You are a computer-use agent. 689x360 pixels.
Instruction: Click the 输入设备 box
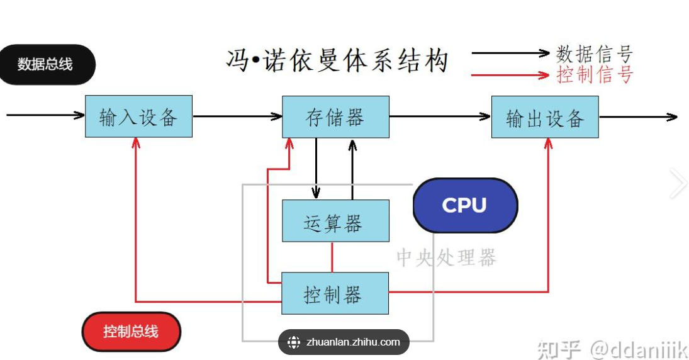click(x=138, y=116)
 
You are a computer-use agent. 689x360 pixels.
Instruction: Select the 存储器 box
click(x=335, y=116)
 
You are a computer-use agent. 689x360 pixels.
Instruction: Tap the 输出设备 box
click(x=545, y=117)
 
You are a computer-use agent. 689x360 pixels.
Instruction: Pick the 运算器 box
click(x=335, y=221)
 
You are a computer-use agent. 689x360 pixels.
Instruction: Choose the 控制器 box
click(x=335, y=293)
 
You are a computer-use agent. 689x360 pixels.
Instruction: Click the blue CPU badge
click(x=465, y=205)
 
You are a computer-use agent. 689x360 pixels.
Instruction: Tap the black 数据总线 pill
click(x=46, y=64)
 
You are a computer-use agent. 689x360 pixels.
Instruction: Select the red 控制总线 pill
click(x=131, y=332)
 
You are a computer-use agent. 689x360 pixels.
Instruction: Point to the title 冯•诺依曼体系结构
click(x=337, y=61)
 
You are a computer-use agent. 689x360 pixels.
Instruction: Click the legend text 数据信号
click(x=595, y=54)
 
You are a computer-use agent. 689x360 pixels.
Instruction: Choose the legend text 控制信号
click(x=595, y=75)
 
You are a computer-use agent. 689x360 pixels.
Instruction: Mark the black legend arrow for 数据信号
click(x=511, y=53)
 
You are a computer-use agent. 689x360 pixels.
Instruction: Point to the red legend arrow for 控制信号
click(x=511, y=75)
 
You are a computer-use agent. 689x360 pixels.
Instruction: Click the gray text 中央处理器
click(x=446, y=257)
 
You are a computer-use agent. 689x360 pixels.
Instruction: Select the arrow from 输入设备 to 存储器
click(x=237, y=116)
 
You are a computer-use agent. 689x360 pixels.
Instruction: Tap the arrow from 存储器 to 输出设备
click(x=440, y=116)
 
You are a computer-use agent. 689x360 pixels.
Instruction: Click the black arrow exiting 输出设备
click(x=638, y=116)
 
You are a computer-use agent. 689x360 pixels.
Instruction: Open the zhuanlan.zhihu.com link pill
click(x=344, y=342)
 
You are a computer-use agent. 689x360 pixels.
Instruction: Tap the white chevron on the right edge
click(x=678, y=183)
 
